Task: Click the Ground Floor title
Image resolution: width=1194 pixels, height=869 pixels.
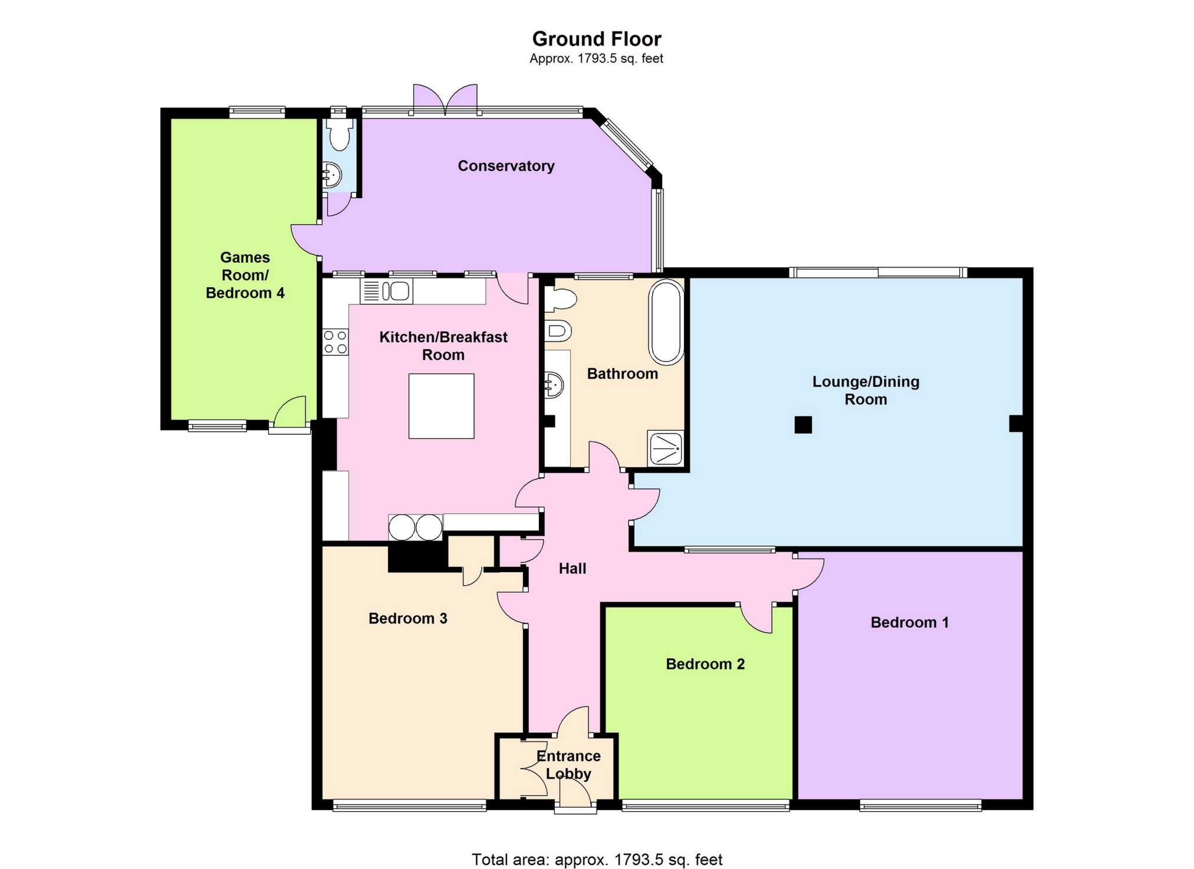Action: coord(597,39)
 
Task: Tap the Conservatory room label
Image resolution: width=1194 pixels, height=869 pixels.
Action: coord(506,166)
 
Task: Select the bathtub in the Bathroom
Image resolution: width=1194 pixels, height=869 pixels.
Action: coord(666,322)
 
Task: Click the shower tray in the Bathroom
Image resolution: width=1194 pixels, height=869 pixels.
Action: coord(666,448)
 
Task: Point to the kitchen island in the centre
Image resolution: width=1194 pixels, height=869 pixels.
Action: coord(441,406)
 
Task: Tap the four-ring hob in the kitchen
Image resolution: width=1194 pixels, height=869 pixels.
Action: coord(335,342)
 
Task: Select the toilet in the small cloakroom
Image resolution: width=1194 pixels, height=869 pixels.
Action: coord(338,135)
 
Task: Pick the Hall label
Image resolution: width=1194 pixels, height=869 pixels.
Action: coord(572,568)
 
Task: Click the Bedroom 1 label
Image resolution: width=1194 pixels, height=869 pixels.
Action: coord(909,622)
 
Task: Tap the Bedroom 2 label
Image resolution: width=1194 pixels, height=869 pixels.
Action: coord(705,664)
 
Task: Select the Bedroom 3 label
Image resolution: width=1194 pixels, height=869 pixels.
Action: coord(407,618)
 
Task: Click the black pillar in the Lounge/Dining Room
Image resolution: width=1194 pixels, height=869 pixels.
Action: coord(803,425)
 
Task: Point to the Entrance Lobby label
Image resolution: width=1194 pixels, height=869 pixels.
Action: coord(568,765)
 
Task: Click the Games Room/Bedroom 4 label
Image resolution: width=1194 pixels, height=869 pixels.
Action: coord(245,275)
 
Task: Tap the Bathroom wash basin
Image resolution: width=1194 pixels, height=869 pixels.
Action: coord(554,385)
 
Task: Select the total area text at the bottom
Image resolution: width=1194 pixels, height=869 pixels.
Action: coord(597,860)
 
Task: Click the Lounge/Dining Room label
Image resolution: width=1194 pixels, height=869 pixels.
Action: coord(866,390)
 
